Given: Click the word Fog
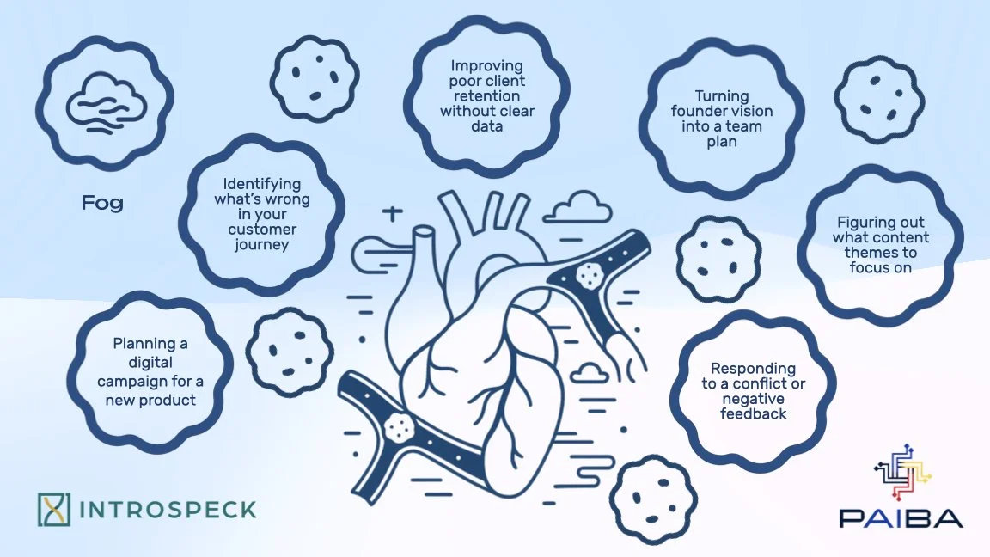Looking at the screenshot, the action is click(102, 204).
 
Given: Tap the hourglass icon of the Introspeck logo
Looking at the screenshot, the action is click(53, 509).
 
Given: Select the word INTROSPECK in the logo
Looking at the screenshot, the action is click(168, 509).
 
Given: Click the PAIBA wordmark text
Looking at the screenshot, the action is click(901, 517).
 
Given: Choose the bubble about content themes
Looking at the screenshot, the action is click(879, 244).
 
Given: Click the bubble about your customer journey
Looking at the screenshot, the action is click(262, 214).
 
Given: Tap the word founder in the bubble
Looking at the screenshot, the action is click(697, 111).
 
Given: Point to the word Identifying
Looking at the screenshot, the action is click(262, 184).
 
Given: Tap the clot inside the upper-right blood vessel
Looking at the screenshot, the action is click(590, 274).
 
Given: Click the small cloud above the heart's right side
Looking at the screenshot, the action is click(577, 206).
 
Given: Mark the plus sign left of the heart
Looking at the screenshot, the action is click(392, 213).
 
